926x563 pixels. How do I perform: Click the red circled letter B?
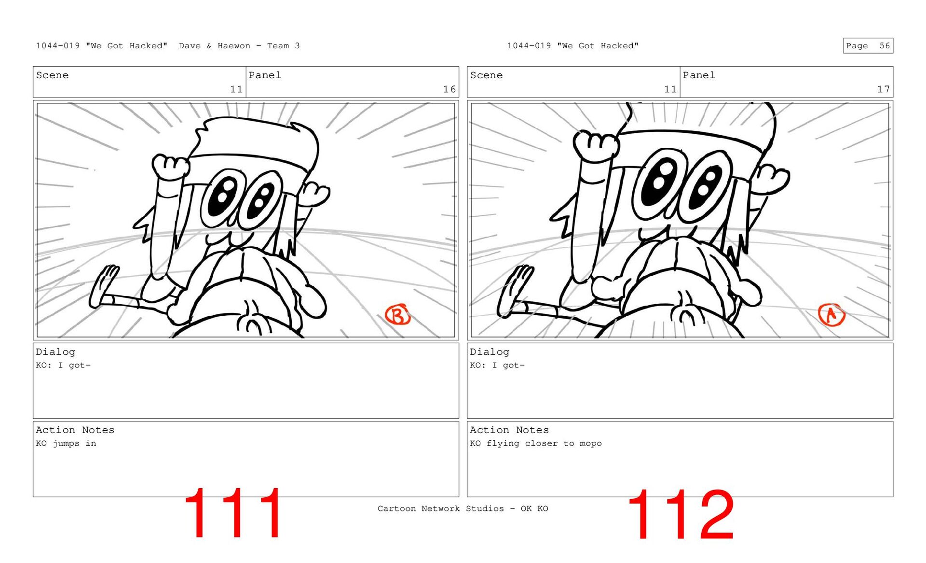pyautogui.click(x=397, y=315)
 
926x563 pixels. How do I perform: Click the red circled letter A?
pyautogui.click(x=831, y=315)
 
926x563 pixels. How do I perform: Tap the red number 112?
pyautogui.click(x=681, y=514)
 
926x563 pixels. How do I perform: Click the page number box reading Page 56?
pyautogui.click(x=868, y=46)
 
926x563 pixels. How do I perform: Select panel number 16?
pyautogui.click(x=449, y=89)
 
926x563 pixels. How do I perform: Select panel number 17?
pyautogui.click(x=883, y=89)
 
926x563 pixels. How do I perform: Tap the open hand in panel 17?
pyautogui.click(x=514, y=290)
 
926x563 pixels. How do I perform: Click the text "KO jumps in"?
pyautogui.click(x=66, y=443)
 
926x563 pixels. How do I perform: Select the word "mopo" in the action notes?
pyautogui.click(x=591, y=444)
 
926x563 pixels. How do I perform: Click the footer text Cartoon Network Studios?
pyautogui.click(x=441, y=508)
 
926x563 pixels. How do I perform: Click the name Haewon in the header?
pyautogui.click(x=234, y=46)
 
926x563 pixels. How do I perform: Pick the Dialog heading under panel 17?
pyautogui.click(x=490, y=352)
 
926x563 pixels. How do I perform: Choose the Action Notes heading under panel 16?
pyautogui.click(x=75, y=430)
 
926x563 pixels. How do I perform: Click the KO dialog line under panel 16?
pyautogui.click(x=63, y=366)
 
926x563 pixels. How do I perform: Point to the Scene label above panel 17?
pyautogui.click(x=486, y=75)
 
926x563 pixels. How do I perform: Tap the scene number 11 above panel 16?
pyautogui.click(x=236, y=89)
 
